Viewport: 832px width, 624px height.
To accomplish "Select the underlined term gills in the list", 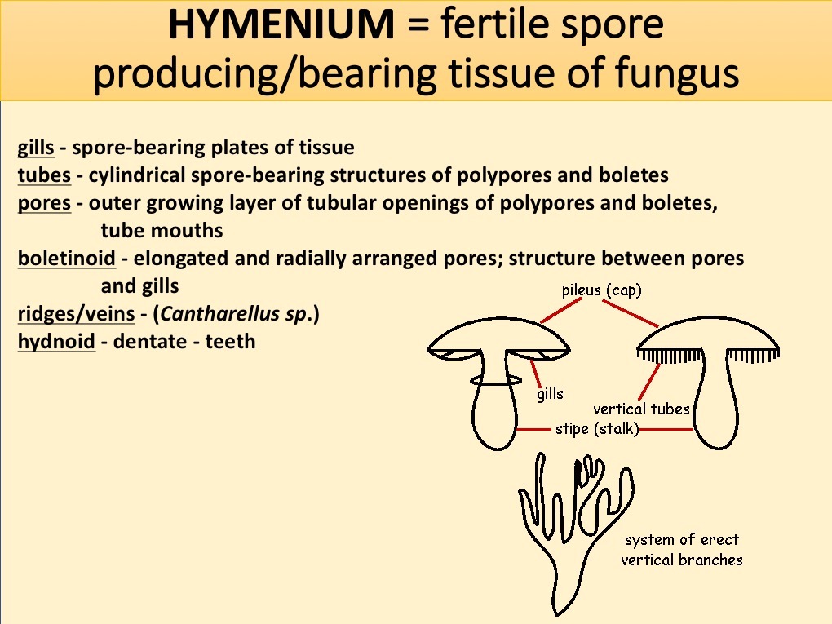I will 36,148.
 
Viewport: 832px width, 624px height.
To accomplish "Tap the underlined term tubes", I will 44,175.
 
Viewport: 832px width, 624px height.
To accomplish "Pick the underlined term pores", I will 44,203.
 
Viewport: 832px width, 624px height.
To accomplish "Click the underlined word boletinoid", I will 66,259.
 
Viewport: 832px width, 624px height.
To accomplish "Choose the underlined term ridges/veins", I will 76,313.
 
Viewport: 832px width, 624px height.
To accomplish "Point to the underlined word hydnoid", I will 56,341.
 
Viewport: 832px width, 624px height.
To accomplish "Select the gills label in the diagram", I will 550,394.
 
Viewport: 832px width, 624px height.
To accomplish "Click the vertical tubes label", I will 641,409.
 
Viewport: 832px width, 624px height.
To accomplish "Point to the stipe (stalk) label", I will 596,429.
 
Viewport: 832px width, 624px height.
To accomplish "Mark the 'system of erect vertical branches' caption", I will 681,549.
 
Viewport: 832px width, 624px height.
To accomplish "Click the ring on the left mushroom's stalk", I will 495,380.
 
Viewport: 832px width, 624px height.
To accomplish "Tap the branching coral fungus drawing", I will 571,522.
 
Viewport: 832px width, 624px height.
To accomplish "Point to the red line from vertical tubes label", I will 650,382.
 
